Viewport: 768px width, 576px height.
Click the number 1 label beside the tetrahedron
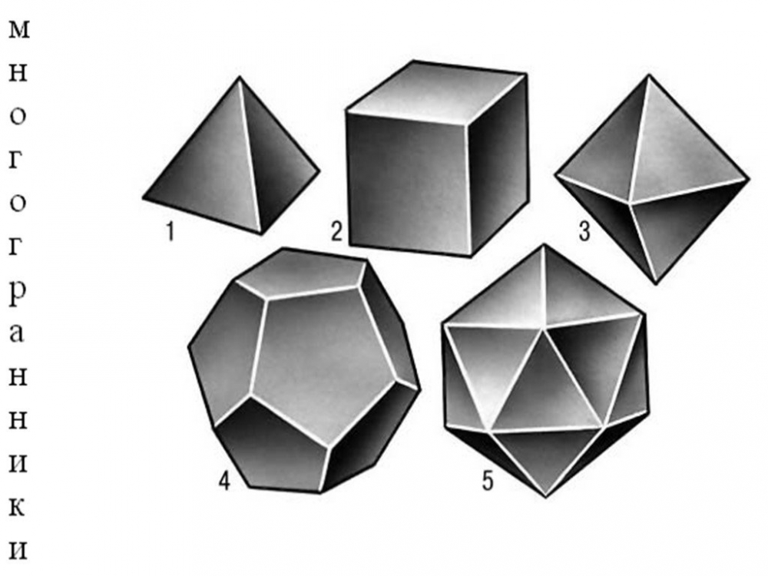pos(170,232)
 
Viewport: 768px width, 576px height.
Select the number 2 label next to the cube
pos(336,232)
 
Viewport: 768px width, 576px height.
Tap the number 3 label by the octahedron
pos(584,232)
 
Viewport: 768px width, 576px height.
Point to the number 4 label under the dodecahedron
pos(224,481)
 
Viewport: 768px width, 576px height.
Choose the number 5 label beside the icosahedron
pos(488,481)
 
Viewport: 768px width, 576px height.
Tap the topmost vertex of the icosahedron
pos(543,246)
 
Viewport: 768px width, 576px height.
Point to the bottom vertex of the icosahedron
pos(546,495)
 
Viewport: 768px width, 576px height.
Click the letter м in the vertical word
pos(18,31)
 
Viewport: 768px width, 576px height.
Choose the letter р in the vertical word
pos(18,294)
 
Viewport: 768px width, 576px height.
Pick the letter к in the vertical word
pos(17,507)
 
